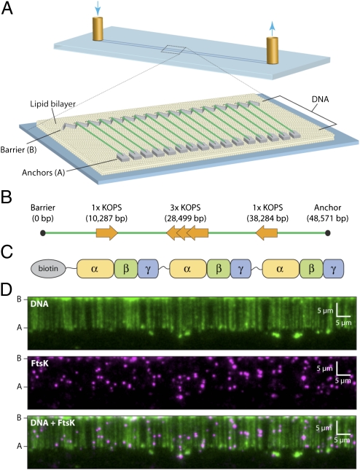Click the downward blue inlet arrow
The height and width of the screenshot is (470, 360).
coord(98,8)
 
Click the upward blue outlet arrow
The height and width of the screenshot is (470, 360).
coord(272,28)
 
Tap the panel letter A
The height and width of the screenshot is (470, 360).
coord(7,8)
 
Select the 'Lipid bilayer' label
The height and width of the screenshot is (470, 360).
coord(52,104)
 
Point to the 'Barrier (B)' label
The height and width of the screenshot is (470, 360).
coord(19,149)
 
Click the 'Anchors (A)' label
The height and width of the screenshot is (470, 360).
coord(44,173)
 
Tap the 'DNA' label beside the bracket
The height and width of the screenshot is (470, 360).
coord(320,98)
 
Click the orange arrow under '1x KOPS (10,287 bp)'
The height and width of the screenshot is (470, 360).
coord(107,233)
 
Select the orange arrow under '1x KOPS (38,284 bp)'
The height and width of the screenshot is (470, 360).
coord(266,233)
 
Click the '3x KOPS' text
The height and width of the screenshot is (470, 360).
coord(185,208)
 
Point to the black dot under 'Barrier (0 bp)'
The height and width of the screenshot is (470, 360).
coord(43,233)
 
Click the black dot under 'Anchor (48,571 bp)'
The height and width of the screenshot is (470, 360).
coord(328,233)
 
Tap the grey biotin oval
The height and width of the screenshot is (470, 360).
coord(48,268)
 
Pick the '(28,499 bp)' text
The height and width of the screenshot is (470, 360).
coord(185,219)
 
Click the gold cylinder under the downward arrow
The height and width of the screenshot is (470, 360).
coord(98,28)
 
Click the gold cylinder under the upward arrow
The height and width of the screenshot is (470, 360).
coord(273,51)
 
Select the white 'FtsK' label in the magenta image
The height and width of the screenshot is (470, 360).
coord(39,364)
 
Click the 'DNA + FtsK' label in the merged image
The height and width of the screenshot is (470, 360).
coord(52,423)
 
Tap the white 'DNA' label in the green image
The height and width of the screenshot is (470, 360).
coord(39,304)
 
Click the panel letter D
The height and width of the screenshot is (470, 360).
coord(7,291)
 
